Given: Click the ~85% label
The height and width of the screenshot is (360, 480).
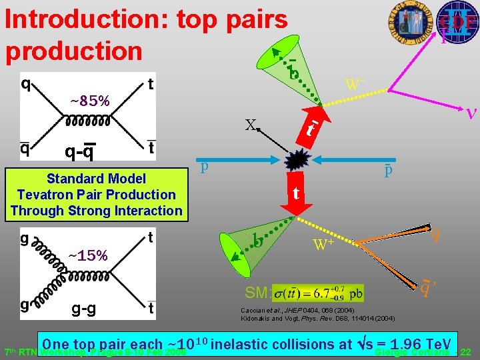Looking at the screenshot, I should (x=90, y=101).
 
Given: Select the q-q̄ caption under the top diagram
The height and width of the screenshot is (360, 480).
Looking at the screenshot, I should (x=79, y=153).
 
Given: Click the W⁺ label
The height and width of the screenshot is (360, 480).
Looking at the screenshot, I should (x=324, y=245).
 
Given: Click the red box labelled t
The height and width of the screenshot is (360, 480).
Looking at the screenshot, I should (x=295, y=194).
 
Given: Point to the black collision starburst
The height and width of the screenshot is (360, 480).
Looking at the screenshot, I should (x=295, y=161).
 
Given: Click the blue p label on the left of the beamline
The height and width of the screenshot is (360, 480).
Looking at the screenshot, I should (x=205, y=165).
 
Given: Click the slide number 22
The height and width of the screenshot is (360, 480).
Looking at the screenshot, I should (x=466, y=351).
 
